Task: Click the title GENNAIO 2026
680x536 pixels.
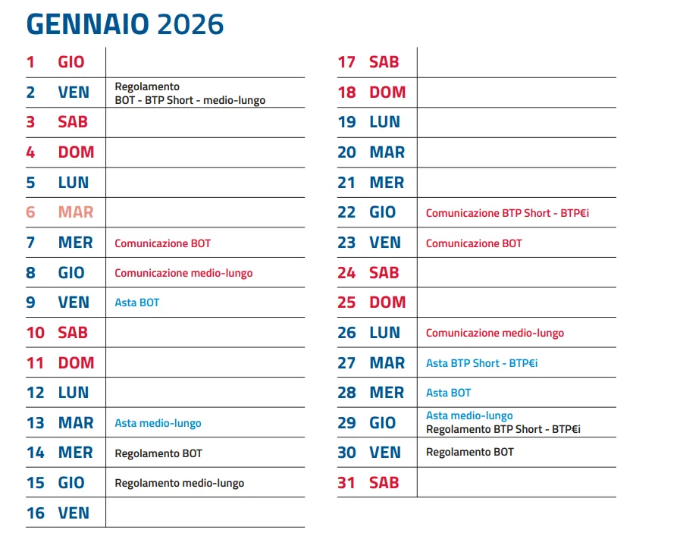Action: pos(125,24)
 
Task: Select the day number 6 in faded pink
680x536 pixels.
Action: pos(30,212)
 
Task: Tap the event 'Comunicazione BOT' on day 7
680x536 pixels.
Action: pos(163,243)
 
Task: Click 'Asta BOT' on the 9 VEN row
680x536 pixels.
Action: pos(137,302)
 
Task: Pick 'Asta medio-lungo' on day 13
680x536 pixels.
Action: pos(158,423)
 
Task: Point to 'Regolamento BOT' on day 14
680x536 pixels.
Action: pos(158,453)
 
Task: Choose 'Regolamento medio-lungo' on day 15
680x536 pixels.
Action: pos(180,483)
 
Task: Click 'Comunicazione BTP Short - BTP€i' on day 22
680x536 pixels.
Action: pos(507,213)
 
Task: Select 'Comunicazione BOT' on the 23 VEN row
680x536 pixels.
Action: pos(474,243)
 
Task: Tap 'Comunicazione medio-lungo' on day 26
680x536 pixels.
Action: pos(495,333)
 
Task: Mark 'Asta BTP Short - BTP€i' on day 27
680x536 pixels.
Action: pos(482,363)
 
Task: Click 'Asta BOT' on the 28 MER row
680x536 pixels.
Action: pos(449,393)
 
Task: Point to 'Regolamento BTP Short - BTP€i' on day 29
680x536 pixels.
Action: pos(503,429)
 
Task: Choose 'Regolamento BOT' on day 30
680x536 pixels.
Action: pos(470,452)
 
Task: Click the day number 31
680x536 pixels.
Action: pos(346,483)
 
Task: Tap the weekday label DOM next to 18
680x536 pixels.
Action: pos(387,92)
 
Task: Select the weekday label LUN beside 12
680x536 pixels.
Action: pos(74,393)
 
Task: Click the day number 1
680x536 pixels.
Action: pos(30,62)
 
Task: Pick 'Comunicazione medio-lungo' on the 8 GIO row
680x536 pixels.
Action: pos(183,273)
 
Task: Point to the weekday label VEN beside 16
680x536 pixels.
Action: pos(74,513)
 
